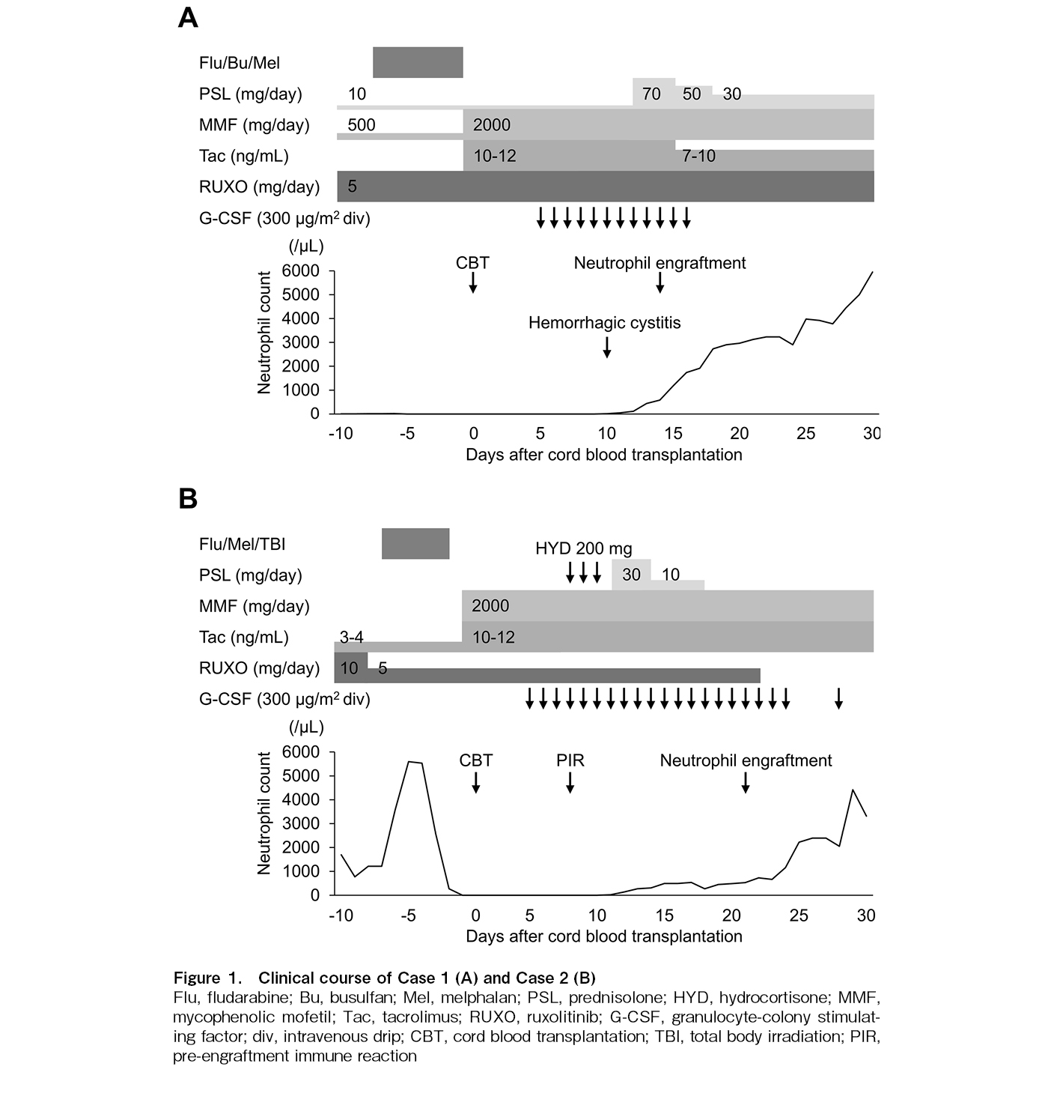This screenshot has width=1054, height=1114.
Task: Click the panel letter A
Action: (188, 17)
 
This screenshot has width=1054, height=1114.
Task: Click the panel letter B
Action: (188, 498)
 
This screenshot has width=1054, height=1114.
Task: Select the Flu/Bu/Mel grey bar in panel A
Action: (418, 62)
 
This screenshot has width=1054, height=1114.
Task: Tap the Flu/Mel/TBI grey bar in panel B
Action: (415, 544)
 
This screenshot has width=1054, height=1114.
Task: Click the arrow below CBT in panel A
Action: (473, 282)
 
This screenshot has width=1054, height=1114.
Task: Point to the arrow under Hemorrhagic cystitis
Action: (607, 346)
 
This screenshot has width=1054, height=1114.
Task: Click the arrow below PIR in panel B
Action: (570, 782)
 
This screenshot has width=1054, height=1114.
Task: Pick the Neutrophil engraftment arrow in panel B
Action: (746, 782)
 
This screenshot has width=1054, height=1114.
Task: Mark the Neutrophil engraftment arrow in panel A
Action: (660, 282)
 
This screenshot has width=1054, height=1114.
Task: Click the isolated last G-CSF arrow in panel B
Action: (839, 699)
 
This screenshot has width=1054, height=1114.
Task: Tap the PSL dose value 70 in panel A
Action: (652, 94)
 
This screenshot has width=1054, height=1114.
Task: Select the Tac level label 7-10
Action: (698, 156)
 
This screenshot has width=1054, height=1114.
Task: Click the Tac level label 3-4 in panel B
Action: (351, 637)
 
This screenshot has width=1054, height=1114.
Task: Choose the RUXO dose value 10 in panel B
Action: (349, 668)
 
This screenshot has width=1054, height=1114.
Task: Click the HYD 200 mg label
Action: (584, 548)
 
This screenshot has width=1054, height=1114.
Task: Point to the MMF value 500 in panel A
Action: (362, 124)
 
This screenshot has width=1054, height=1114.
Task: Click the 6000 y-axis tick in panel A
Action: (302, 270)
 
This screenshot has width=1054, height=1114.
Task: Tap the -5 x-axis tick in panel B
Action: (407, 915)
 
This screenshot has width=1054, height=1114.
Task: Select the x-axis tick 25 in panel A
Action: (805, 434)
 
